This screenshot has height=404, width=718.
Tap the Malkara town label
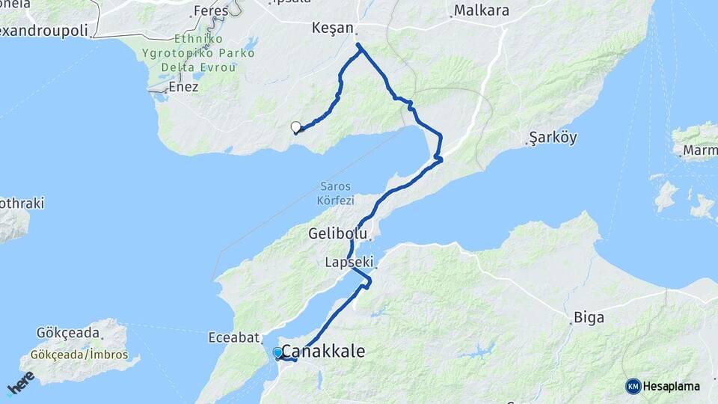click(x=481, y=11)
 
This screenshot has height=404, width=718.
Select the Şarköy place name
click(x=553, y=138)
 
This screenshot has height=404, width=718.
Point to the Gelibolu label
click(x=337, y=234)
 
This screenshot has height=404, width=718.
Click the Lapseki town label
click(x=349, y=263)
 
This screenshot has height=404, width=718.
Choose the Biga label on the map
click(x=589, y=317)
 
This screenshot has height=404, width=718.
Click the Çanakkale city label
click(x=323, y=351)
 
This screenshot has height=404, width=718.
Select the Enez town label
click(x=183, y=87)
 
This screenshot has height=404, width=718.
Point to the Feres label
click(x=210, y=11)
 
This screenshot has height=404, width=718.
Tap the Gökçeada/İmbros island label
click(x=79, y=355)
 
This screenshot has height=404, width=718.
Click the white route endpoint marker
click(x=295, y=127)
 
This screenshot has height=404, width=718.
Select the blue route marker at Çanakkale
click(x=277, y=352)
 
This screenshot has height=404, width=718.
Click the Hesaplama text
click(x=671, y=387)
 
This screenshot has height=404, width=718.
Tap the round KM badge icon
click(x=633, y=386)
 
